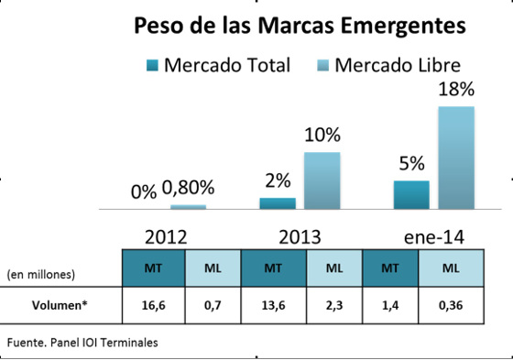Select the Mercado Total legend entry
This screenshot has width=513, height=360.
(219, 65)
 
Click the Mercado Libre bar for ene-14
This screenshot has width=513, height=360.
(456, 158)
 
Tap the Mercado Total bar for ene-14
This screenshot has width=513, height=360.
(411, 194)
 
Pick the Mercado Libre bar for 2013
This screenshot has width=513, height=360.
(322, 180)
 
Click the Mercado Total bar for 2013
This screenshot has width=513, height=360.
(278, 202)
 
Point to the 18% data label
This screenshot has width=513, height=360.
(455, 90)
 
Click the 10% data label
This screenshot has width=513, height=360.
(322, 136)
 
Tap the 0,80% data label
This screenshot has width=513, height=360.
(188, 189)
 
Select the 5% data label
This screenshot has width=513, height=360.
(411, 164)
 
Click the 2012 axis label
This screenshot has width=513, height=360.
(167, 236)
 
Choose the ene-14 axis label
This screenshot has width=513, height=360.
(433, 236)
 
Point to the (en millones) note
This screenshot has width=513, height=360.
(41, 273)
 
